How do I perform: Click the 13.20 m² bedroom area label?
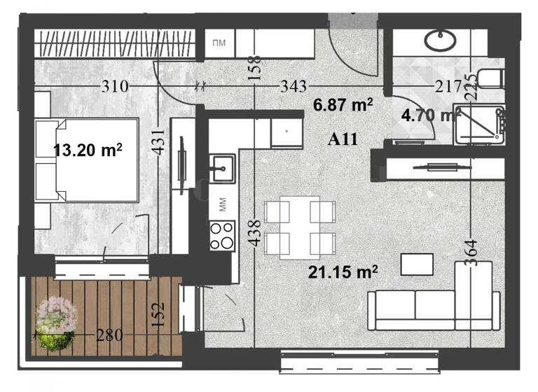point(88,149)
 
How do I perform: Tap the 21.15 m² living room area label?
point(343,270)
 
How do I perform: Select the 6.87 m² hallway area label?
point(343,105)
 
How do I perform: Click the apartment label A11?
point(343,139)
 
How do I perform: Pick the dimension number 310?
point(113,87)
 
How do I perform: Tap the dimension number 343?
point(293,87)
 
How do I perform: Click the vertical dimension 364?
point(471,248)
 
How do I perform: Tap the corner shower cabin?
point(479,124)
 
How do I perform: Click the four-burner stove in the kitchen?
point(223,235)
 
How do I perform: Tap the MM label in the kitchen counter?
point(223,204)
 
